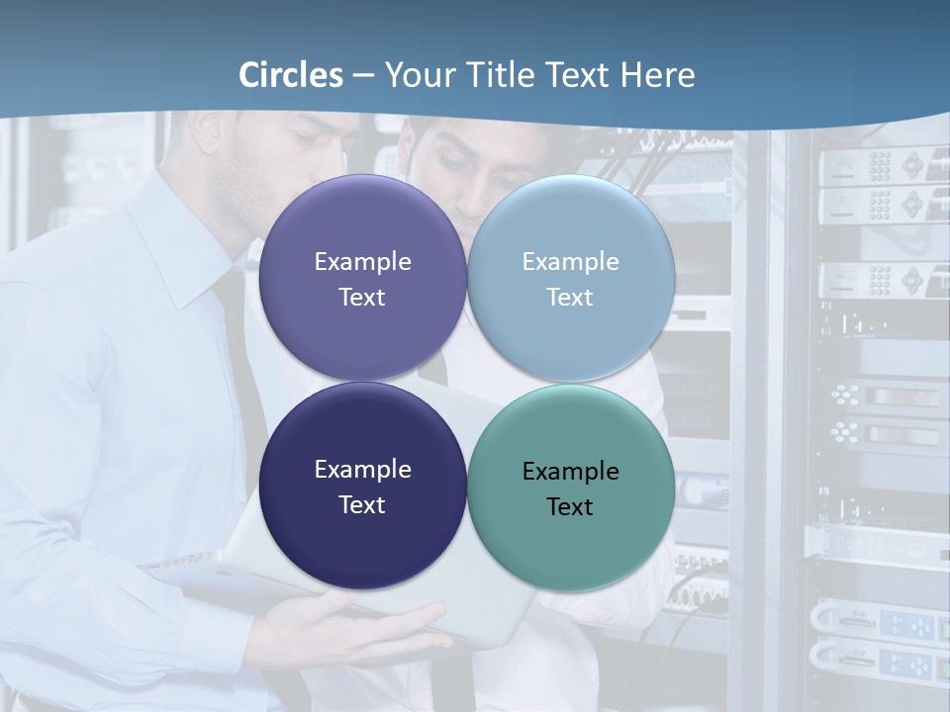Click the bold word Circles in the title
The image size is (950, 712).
point(291,75)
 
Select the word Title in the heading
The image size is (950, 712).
point(499,75)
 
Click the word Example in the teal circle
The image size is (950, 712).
point(570,472)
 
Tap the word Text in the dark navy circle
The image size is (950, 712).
point(362,505)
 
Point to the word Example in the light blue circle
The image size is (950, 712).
point(570,262)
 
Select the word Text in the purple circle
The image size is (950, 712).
point(362,298)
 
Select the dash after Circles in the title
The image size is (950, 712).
point(362,75)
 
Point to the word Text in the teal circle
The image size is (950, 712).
point(570,507)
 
